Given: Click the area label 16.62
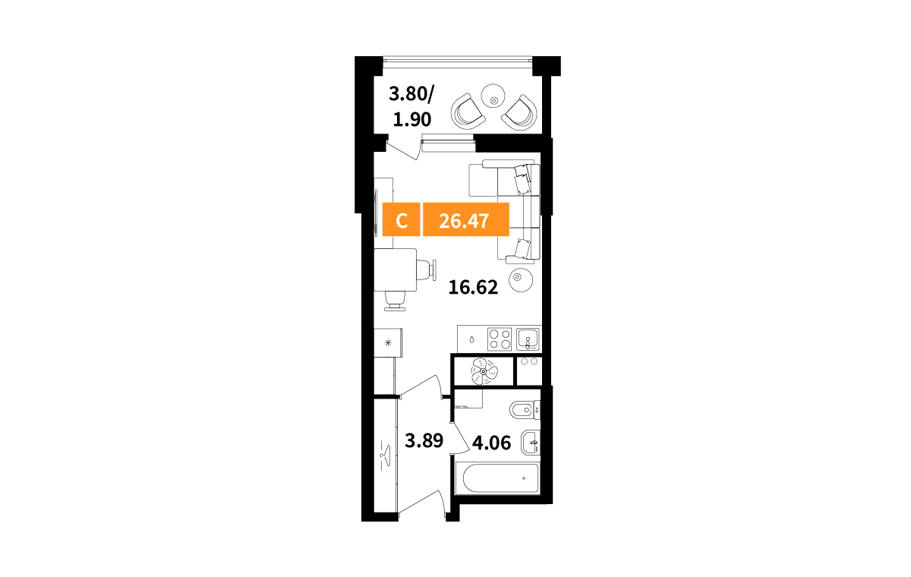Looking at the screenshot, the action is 473,288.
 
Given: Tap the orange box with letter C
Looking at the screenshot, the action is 401,219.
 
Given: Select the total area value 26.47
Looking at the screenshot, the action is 466,219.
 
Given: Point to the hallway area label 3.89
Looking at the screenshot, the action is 424,440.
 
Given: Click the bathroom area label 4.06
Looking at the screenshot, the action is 491,443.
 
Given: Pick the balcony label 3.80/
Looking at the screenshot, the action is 411,94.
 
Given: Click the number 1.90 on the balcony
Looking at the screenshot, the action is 412,119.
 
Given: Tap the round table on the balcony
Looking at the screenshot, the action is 493,96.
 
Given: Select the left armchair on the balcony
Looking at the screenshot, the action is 468,112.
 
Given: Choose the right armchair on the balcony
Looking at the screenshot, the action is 519,112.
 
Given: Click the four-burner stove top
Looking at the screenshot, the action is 500,339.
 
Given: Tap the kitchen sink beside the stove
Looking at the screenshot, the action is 528,339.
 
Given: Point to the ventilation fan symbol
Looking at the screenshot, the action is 483,371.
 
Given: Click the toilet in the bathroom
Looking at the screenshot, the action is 525,410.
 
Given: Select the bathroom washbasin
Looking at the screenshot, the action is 531,443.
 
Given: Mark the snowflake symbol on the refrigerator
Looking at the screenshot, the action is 388,343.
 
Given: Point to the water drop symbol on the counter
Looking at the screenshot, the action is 471,339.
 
